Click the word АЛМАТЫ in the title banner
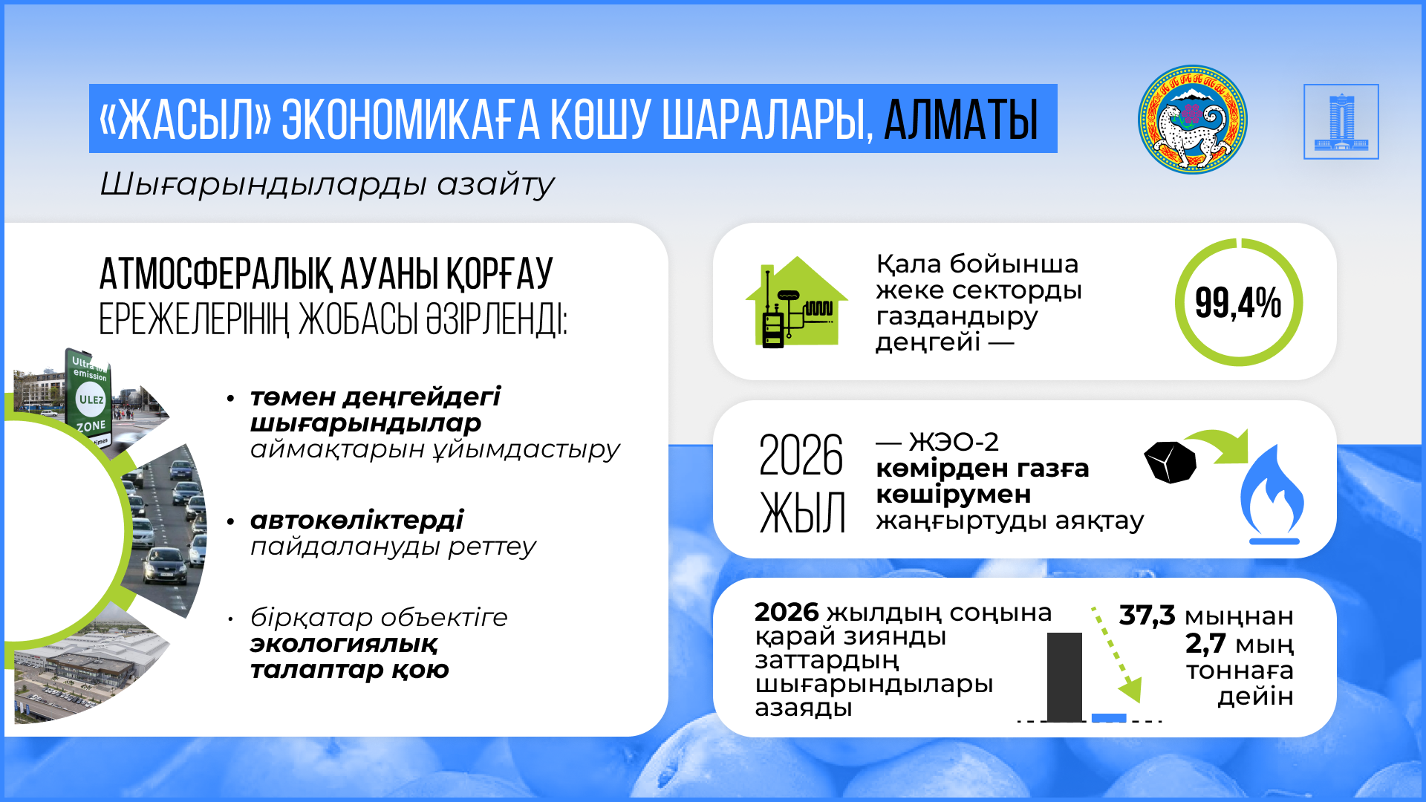pyautogui.click(x=961, y=120)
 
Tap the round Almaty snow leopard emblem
pyautogui.click(x=1193, y=120)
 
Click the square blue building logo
pyautogui.click(x=1341, y=121)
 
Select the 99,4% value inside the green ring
pyautogui.click(x=1238, y=303)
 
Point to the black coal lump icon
pyautogui.click(x=1171, y=462)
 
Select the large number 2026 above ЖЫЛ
pyautogui.click(x=801, y=455)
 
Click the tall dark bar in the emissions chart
pyautogui.click(x=1064, y=676)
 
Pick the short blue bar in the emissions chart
pyautogui.click(x=1109, y=717)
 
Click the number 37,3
pyautogui.click(x=1147, y=616)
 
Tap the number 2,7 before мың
pyautogui.click(x=1205, y=644)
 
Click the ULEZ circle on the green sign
pyautogui.click(x=91, y=399)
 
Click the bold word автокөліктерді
pyautogui.click(x=356, y=521)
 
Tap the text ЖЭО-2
pyautogui.click(x=954, y=443)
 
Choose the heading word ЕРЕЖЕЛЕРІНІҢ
pyautogui.click(x=193, y=321)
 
